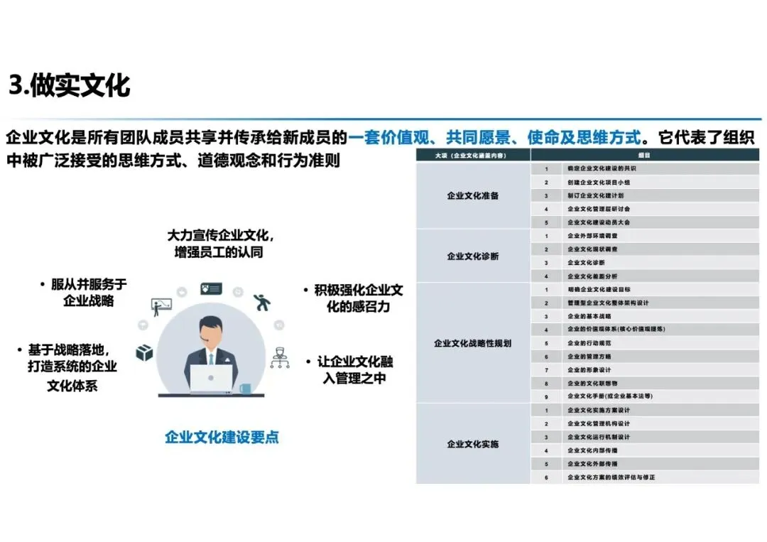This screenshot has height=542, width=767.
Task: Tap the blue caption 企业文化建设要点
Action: pyautogui.click(x=222, y=437)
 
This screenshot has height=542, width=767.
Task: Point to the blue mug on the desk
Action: pyautogui.click(x=245, y=389)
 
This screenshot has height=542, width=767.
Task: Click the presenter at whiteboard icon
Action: pyautogui.click(x=161, y=306)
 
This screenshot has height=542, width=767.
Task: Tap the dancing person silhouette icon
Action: pyautogui.click(x=262, y=303)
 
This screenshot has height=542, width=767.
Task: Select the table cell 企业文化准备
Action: pyautogui.click(x=472, y=195)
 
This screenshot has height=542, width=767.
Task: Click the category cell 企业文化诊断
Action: pyautogui.click(x=472, y=256)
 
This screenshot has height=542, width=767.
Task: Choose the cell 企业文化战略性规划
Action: pyautogui.click(x=472, y=343)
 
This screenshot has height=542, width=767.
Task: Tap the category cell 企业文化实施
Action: pyautogui.click(x=472, y=444)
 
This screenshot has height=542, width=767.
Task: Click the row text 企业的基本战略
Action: pyautogui.click(x=589, y=316)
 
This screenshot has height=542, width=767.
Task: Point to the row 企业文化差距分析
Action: pyautogui.click(x=592, y=276)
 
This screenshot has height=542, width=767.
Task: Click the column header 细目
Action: pyautogui.click(x=644, y=155)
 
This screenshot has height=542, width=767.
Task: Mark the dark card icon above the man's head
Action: pyautogui.click(x=211, y=289)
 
